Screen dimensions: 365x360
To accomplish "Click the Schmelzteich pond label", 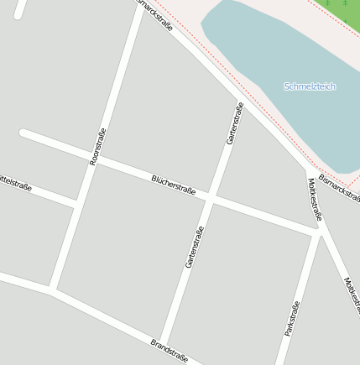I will (x=310, y=86).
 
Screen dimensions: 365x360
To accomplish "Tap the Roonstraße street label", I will (x=98, y=146).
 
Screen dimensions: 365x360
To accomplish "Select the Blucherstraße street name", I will (x=174, y=185).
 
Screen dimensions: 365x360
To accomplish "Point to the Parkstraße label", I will (x=292, y=319).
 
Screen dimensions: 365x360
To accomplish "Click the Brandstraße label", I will (x=169, y=351).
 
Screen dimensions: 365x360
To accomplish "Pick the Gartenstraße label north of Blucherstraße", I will (x=235, y=123).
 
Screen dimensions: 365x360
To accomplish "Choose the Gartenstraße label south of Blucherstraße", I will (x=195, y=248).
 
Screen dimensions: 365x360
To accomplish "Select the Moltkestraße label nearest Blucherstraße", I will (x=315, y=200).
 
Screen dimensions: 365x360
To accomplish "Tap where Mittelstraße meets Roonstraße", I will (x=77, y=203).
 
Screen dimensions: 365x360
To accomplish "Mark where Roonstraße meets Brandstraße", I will (x=52, y=290).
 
